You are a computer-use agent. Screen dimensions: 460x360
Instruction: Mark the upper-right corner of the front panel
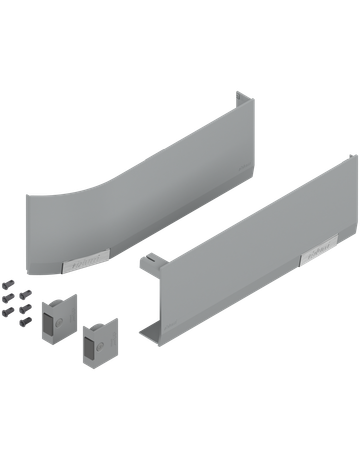click(355, 155)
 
